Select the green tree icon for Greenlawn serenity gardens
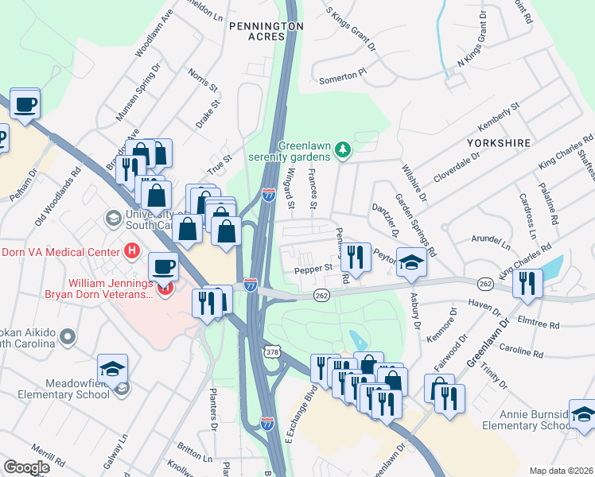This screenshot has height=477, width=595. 343,149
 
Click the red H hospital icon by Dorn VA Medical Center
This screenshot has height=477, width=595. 133,252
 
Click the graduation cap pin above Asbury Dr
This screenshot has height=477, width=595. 411,263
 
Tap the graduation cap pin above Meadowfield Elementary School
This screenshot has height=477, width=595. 112,369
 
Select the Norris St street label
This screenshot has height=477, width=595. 202,79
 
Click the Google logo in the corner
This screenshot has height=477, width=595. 26,467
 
